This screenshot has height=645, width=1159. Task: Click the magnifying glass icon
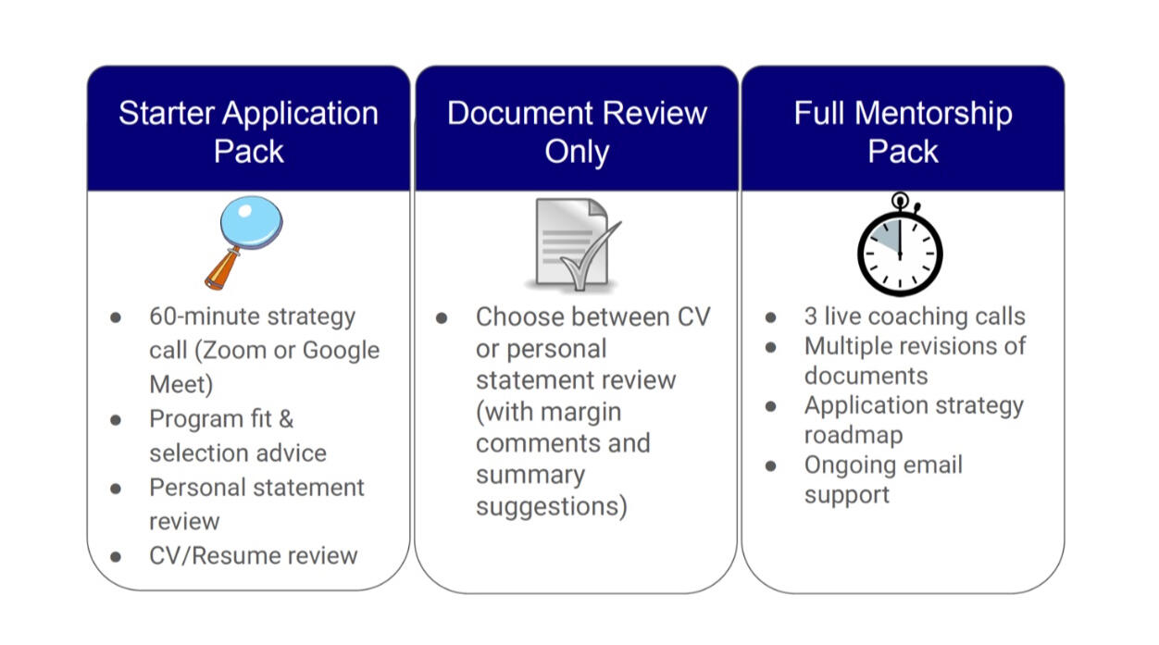[244, 241]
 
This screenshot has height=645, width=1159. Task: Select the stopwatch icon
[899, 245]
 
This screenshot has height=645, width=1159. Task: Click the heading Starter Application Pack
[248, 131]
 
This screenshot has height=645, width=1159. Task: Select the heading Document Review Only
[577, 131]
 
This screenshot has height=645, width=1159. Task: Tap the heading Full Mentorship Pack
[903, 131]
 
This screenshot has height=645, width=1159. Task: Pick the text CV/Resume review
[253, 555]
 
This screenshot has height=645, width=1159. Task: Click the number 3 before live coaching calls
[811, 316]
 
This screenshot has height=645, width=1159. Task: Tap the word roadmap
[853, 435]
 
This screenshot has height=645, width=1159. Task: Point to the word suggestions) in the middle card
[551, 506]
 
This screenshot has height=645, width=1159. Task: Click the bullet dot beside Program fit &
[116, 419]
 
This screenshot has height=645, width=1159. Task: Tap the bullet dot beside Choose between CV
[442, 317]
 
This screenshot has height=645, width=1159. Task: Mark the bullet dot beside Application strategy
[771, 405]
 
